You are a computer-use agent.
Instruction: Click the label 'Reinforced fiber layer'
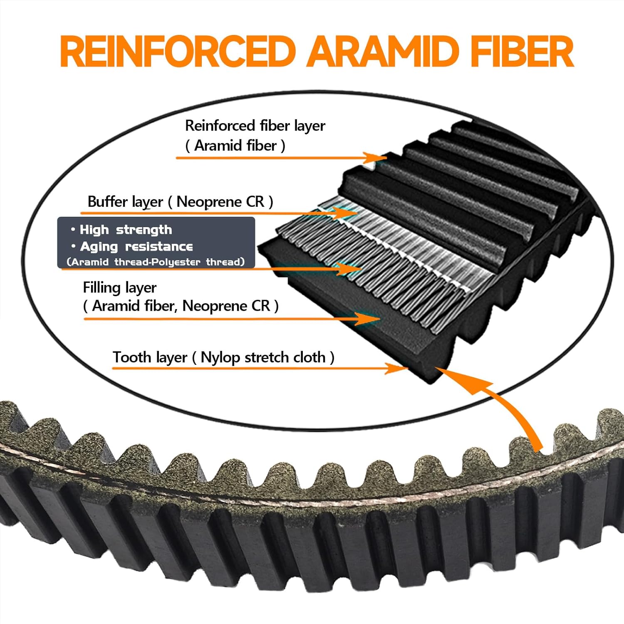coord(255,126)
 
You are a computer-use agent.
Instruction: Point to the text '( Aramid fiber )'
coord(235,146)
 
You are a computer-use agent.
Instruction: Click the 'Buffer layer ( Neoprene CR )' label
coord(180,202)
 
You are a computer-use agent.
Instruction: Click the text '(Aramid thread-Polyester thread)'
coord(156,262)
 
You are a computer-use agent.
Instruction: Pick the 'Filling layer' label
coord(119,287)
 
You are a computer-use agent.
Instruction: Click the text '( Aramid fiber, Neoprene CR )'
coord(181,306)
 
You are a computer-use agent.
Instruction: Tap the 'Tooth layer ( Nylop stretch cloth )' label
coord(223,357)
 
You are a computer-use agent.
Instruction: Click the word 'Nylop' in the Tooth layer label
coord(220,357)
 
